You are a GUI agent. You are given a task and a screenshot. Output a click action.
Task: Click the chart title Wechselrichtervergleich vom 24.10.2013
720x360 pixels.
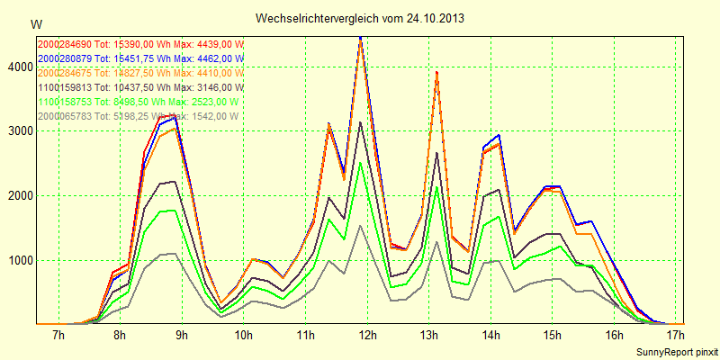coord(360,18)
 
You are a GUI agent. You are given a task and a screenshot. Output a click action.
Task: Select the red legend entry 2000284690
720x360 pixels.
coord(140,44)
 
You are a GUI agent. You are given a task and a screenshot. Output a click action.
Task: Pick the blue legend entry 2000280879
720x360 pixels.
coord(140,58)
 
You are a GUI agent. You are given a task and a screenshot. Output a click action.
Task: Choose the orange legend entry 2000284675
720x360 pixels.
coord(140,73)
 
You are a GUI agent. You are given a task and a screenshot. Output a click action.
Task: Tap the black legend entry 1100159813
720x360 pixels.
coord(140,87)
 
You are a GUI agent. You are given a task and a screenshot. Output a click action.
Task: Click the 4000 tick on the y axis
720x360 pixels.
coord(18,67)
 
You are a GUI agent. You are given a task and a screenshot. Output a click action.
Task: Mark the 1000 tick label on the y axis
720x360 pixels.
coord(18,261)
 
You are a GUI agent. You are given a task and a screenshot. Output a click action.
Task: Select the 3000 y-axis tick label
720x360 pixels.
coord(18,131)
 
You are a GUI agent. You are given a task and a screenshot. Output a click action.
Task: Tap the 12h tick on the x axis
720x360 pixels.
coord(367,337)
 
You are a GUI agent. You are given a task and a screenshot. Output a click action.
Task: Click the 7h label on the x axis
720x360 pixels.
coord(58,337)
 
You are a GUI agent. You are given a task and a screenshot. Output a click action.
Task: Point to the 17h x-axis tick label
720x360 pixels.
coord(676,337)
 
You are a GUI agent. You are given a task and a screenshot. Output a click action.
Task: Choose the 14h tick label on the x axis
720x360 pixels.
coord(490,337)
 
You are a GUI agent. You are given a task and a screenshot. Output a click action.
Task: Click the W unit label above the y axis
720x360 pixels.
coord(35,23)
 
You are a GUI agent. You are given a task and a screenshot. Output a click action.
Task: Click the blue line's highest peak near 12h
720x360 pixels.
coord(360,38)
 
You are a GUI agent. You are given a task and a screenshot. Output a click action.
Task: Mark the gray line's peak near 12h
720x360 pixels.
coord(360,225)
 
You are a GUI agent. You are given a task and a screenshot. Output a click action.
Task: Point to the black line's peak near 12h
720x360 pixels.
coord(360,122)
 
